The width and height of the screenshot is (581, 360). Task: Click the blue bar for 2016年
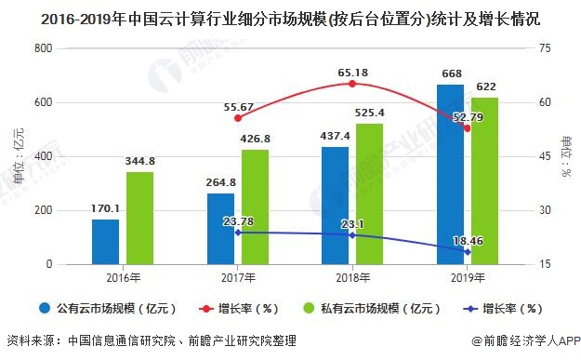pyautogui.click(x=105, y=242)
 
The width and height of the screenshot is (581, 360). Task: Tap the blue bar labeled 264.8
pyautogui.click(x=220, y=229)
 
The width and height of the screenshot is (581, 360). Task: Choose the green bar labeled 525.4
pyautogui.click(x=369, y=193)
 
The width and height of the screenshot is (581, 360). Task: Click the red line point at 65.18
pyautogui.click(x=351, y=84)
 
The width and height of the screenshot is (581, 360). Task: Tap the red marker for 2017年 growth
pyautogui.click(x=238, y=118)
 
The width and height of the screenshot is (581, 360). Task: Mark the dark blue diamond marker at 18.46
pyautogui.click(x=468, y=252)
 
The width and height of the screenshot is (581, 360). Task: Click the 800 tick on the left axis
pyautogui.click(x=43, y=48)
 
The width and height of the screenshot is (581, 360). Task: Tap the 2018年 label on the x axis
pyautogui.click(x=352, y=278)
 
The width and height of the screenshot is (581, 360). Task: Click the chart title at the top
pyautogui.click(x=290, y=17)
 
